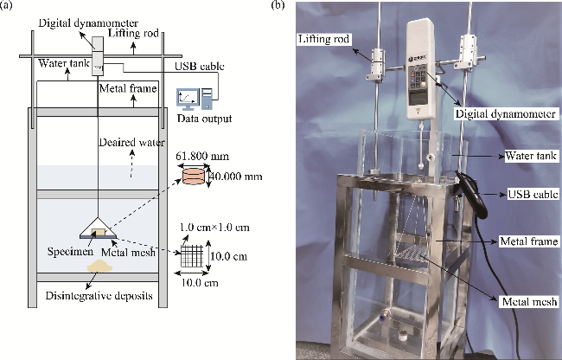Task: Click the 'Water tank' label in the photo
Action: pos(522,156)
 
